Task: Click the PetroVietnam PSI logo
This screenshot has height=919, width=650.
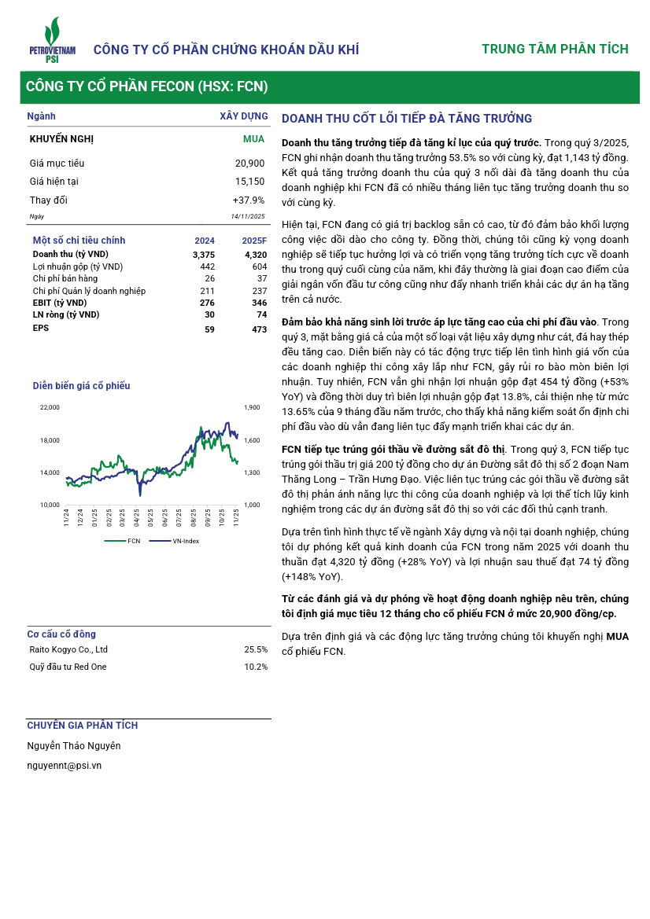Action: click(52, 42)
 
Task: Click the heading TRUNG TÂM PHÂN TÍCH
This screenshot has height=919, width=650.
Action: click(555, 50)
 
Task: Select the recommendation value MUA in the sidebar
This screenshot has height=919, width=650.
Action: click(253, 139)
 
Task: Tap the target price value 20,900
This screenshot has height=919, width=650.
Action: click(249, 164)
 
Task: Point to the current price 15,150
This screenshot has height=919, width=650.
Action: click(249, 182)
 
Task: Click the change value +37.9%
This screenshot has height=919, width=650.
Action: click(249, 200)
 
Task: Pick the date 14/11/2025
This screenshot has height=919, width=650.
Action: click(248, 216)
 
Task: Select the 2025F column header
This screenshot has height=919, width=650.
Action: click(254, 241)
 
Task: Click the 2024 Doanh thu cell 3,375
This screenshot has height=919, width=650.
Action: click(203, 254)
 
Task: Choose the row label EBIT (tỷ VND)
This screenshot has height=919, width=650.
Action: click(60, 303)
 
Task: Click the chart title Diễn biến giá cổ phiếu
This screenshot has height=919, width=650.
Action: click(81, 386)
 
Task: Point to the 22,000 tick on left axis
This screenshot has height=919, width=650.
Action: click(50, 407)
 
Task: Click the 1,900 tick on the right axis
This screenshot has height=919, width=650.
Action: click(252, 407)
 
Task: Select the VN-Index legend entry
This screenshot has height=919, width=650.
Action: click(183, 541)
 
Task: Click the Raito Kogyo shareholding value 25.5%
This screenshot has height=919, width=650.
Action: click(256, 650)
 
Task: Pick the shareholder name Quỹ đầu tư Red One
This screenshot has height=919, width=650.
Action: click(68, 667)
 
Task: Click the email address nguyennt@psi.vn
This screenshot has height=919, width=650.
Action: click(64, 765)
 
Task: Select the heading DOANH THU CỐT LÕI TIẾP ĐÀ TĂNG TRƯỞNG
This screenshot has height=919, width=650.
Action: click(407, 119)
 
